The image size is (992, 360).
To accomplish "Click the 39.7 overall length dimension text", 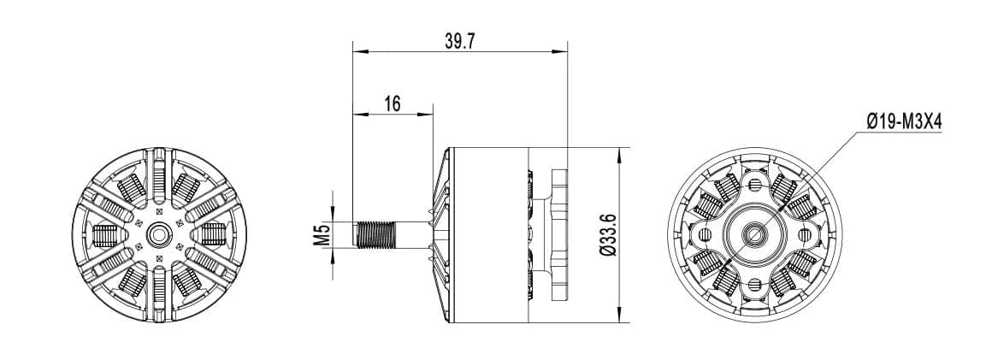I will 461,41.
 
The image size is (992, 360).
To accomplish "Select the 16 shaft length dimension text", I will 393,103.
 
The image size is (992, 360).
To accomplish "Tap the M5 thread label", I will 322,234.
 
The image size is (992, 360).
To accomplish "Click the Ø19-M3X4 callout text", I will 903,123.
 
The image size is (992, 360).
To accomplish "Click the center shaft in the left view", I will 158,233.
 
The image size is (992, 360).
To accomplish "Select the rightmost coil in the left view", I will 213,233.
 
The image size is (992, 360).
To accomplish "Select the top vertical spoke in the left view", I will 158,175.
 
